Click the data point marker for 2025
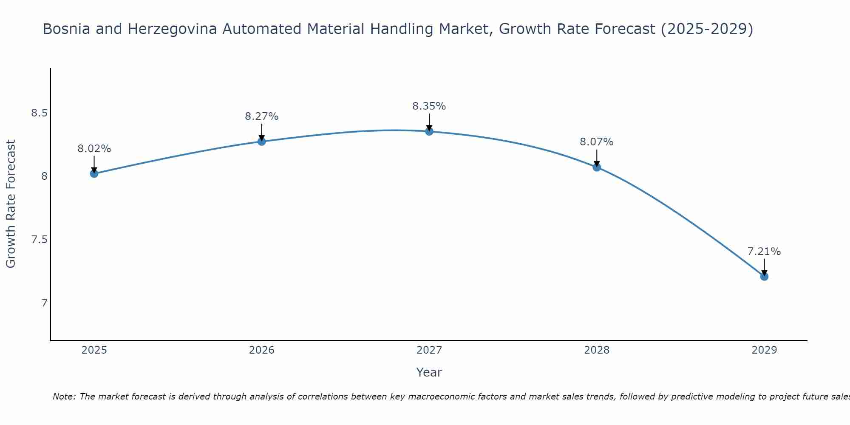click(94, 173)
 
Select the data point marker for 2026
click(262, 141)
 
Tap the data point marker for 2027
click(429, 131)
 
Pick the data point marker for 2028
click(597, 167)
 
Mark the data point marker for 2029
click(764, 277)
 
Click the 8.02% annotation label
click(94, 149)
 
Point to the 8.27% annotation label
click(262, 116)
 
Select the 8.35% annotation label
click(429, 106)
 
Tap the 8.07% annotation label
click(597, 142)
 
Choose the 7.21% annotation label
click(764, 252)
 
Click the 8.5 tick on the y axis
click(39, 113)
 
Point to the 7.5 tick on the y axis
click(39, 240)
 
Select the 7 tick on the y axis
click(44, 303)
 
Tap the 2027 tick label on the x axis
click(429, 350)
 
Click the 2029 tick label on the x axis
click(764, 350)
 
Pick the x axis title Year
click(429, 372)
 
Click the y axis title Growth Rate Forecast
click(11, 204)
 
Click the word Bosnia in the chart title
click(66, 29)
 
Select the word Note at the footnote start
click(64, 397)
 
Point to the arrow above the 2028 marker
click(597, 158)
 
